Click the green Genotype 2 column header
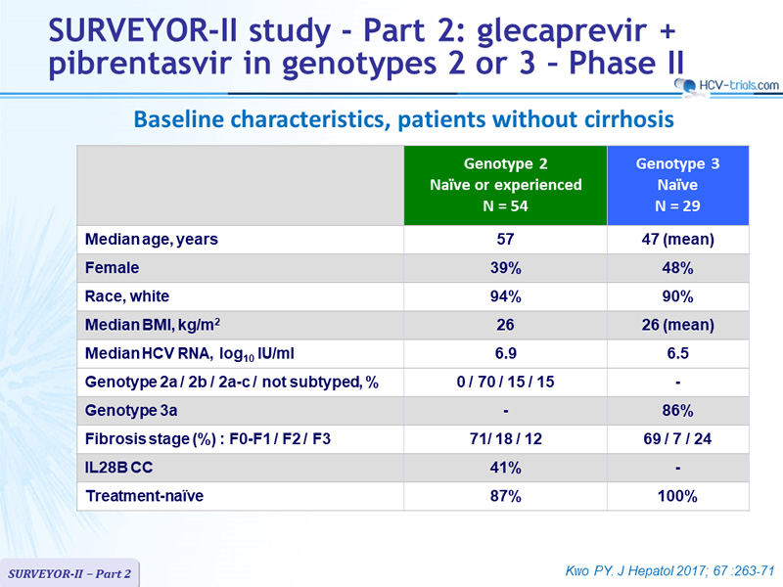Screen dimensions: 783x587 (x=505, y=185)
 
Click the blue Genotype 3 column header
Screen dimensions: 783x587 (x=677, y=185)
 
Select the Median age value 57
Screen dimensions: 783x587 (x=505, y=239)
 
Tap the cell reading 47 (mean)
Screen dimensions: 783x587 (x=677, y=239)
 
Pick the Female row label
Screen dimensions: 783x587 (x=112, y=267)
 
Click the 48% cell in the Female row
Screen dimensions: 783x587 (x=677, y=268)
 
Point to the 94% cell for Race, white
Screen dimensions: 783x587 (x=505, y=296)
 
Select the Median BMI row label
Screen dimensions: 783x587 (x=153, y=325)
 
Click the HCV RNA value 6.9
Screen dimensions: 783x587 (x=505, y=353)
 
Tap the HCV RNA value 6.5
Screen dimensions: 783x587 (x=677, y=353)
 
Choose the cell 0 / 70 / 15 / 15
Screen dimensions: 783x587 (x=505, y=382)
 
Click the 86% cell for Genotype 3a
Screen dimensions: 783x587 (x=677, y=410)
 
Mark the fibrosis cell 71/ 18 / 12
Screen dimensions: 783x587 (x=505, y=438)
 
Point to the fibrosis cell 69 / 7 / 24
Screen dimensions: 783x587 (x=677, y=438)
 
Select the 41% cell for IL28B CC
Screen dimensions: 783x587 (x=505, y=468)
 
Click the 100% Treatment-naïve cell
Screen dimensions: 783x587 (x=677, y=496)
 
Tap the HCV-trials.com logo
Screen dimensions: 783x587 (x=726, y=85)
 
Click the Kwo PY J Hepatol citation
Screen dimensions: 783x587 (x=669, y=570)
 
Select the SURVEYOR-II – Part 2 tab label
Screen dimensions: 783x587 (x=69, y=573)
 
